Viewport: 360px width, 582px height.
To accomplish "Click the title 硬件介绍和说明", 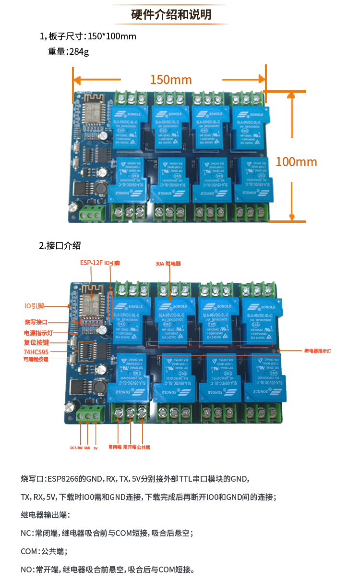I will pos(171,14).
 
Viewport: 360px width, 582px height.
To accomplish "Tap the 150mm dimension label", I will pos(171,80).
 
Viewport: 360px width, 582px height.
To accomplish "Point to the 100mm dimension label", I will pos(296,162).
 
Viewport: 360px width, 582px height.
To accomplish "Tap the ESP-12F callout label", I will pos(91,263).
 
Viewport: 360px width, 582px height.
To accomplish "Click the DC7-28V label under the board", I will pos(76,448).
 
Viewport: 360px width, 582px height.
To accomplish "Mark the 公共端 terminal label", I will pos(144,447).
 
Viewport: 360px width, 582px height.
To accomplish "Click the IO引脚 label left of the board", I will pos(35,305).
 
